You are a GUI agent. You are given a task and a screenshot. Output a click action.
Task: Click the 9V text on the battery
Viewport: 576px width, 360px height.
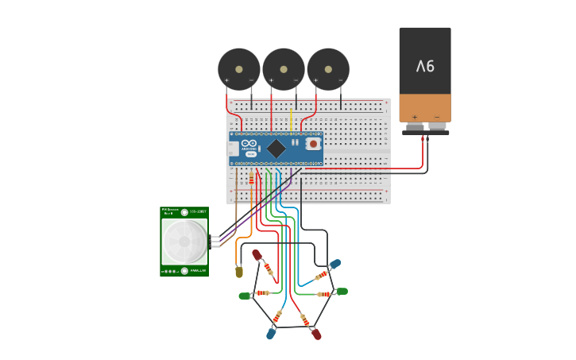(x=425, y=66)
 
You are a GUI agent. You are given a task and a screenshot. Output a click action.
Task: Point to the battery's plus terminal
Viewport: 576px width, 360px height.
(x=415, y=126)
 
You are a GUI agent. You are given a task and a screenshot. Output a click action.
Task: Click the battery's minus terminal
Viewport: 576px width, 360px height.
(x=436, y=126)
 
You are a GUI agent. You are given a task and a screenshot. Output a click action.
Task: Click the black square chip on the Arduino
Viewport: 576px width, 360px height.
(x=276, y=149)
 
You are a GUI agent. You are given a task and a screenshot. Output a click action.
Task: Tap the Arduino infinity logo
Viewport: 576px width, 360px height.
(x=249, y=144)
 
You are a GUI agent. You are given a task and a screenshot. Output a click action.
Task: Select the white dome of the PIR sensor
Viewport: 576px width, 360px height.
(x=184, y=241)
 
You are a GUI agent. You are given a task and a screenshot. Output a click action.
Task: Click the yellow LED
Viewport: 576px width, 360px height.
(x=239, y=272)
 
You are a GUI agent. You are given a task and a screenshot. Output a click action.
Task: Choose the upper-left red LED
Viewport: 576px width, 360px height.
(x=257, y=255)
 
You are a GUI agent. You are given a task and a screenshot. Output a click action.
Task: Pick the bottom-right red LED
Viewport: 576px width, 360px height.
(x=316, y=334)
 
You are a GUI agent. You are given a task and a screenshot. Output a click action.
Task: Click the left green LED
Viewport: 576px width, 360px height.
(x=245, y=296)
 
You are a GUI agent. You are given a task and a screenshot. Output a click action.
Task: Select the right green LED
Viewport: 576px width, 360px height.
(x=342, y=292)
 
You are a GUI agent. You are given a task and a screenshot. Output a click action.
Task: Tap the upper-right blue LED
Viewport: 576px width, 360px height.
(x=334, y=264)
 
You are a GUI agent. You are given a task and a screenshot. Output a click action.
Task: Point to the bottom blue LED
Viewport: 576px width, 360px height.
(x=271, y=334)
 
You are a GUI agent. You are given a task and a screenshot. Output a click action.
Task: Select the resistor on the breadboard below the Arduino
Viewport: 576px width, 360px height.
(x=252, y=179)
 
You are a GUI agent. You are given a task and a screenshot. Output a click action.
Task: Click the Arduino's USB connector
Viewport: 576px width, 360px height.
(x=232, y=149)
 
